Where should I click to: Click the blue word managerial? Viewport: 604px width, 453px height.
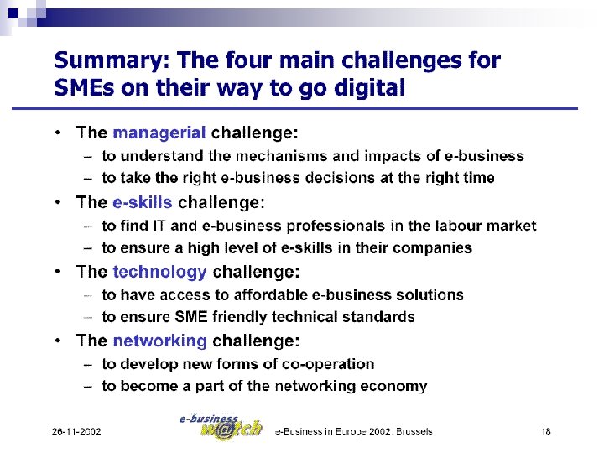point(159,133)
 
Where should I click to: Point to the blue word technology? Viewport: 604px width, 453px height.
point(159,272)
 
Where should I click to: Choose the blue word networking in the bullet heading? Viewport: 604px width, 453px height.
point(159,341)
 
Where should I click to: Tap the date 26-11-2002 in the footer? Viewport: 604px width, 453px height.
point(76,431)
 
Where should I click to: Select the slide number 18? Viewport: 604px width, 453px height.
point(545,431)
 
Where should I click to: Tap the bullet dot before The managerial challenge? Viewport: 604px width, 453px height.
point(56,133)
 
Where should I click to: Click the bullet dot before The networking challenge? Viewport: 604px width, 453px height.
point(56,341)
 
